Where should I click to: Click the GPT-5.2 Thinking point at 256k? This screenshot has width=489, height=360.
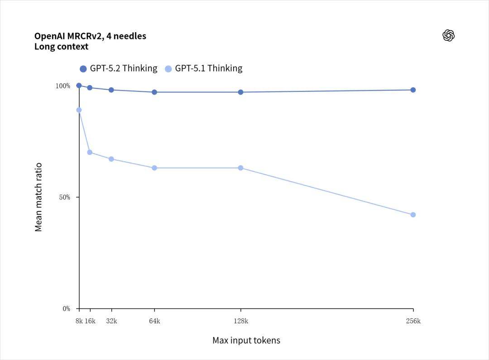(413, 90)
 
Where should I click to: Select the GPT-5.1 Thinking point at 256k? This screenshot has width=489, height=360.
(413, 215)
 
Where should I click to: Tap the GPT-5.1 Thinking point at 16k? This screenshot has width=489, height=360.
(90, 152)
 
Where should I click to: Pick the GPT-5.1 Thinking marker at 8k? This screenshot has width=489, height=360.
(79, 110)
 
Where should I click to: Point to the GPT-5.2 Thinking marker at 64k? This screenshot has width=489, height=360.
(154, 92)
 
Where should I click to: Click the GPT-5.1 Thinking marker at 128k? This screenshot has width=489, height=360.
(240, 168)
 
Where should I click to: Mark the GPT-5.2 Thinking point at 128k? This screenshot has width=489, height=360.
(240, 92)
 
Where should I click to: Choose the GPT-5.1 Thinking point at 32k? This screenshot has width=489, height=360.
(111, 159)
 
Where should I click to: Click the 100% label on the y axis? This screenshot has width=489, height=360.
(63, 86)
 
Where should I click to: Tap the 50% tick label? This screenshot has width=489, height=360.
(65, 197)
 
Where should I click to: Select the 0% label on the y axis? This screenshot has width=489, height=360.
(66, 309)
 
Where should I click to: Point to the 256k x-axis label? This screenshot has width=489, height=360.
(413, 321)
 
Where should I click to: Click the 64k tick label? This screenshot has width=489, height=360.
(154, 321)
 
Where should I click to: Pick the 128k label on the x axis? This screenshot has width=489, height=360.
(240, 321)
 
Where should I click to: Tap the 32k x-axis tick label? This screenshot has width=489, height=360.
(111, 321)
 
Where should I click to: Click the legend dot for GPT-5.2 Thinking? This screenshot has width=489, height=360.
(83, 69)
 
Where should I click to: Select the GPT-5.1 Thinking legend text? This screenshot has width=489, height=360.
(209, 68)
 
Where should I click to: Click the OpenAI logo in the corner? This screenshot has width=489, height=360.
(448, 36)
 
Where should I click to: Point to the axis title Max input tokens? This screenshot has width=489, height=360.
(246, 341)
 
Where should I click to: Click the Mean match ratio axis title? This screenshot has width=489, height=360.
(38, 197)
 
